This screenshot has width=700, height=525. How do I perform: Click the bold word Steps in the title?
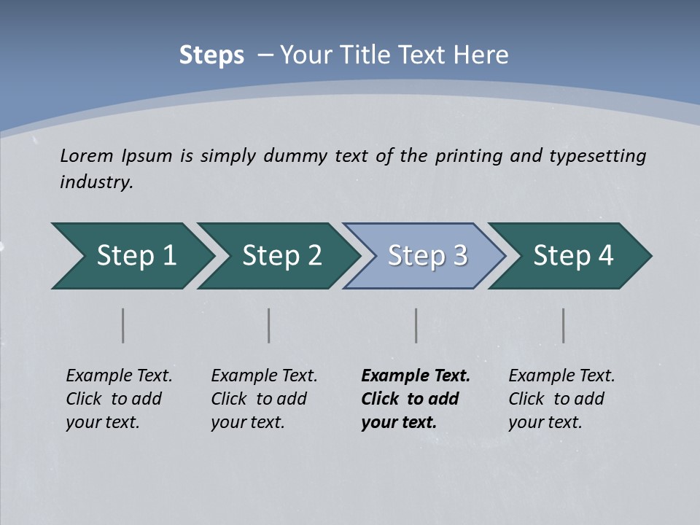[x=211, y=55]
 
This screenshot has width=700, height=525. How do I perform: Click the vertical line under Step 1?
[x=123, y=325]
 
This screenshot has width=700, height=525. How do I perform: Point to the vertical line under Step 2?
[x=269, y=325]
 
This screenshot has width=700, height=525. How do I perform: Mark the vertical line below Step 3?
[x=416, y=325]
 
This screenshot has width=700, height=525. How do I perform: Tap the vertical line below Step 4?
[x=564, y=325]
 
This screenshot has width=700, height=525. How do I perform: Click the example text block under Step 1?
[x=119, y=399]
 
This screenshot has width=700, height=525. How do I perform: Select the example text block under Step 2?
[x=264, y=399]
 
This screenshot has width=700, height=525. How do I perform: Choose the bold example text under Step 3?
[x=416, y=399]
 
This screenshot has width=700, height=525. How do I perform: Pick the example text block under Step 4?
[x=561, y=399]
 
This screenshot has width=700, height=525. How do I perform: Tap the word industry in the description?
[x=96, y=182]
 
